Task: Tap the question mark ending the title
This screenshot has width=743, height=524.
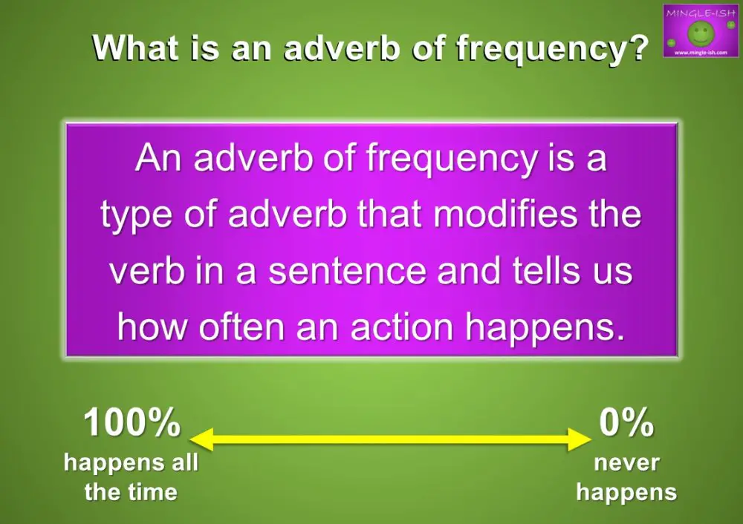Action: click(634, 48)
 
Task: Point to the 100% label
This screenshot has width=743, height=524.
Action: click(132, 424)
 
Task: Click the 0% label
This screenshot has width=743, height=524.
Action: click(626, 424)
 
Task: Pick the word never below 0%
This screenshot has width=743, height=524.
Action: click(626, 463)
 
